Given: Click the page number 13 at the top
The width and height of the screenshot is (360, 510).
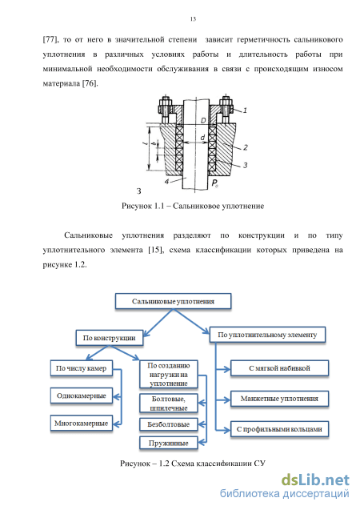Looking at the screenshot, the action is (x=193, y=19).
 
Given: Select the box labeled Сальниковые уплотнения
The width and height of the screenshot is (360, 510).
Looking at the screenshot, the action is (x=173, y=301).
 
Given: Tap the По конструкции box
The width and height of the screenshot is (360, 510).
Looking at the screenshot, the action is (x=110, y=338).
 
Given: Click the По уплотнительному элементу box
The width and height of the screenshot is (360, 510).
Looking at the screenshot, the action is (x=267, y=335).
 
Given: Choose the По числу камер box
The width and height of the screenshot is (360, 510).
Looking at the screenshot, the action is (x=82, y=368).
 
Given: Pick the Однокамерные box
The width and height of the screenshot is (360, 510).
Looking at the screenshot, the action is (x=82, y=396).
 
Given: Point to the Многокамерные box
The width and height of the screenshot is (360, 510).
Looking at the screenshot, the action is (x=82, y=424).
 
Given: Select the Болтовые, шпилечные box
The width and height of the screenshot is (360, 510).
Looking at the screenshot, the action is (x=169, y=404).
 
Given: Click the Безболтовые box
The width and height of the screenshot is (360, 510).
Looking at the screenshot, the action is (x=169, y=424).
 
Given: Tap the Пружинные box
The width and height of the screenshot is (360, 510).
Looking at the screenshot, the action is (x=169, y=443).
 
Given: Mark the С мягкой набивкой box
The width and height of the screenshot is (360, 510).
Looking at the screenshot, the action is (x=279, y=368).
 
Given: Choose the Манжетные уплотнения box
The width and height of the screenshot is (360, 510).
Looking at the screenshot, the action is (x=279, y=399).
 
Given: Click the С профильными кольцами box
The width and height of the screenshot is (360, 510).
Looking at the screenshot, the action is (x=279, y=429).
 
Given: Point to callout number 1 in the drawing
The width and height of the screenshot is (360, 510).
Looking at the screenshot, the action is (x=246, y=110).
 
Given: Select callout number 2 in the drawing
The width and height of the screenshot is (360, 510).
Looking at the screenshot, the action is (x=246, y=147).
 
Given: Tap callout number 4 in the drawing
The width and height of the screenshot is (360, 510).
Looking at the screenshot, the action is (x=166, y=182).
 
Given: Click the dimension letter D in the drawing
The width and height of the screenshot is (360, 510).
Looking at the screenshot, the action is (x=203, y=121).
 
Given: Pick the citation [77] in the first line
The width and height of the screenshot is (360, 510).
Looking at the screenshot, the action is (x=50, y=40).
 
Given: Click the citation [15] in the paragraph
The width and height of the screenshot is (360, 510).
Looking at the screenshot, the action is (x=155, y=250).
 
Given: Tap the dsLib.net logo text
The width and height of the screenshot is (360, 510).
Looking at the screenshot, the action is (x=315, y=480).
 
